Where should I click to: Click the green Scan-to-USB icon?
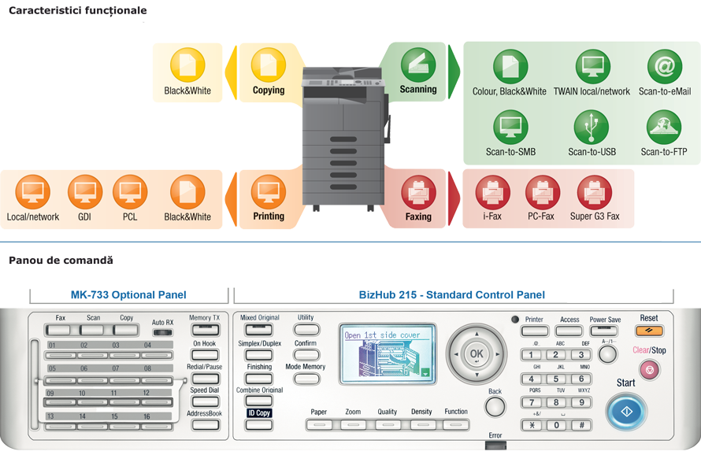coord(592,126)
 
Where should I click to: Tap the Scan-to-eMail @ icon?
coord(664,67)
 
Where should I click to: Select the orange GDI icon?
coord(85,191)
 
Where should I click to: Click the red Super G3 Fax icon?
coord(595,192)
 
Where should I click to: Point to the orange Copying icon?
coord(269,65)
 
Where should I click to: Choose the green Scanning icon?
coord(418,64)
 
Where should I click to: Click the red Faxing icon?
coord(418,192)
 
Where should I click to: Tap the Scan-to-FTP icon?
coord(663,126)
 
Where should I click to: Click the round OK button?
coord(476,354)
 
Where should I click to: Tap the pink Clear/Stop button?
coord(650,368)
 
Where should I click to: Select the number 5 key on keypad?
coord(557,379)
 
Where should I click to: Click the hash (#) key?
coord(581,425)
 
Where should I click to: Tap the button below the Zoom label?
coord(352,425)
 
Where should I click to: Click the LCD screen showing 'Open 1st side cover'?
coord(388,355)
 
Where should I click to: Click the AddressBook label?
coord(205,413)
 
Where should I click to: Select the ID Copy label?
coord(258,412)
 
